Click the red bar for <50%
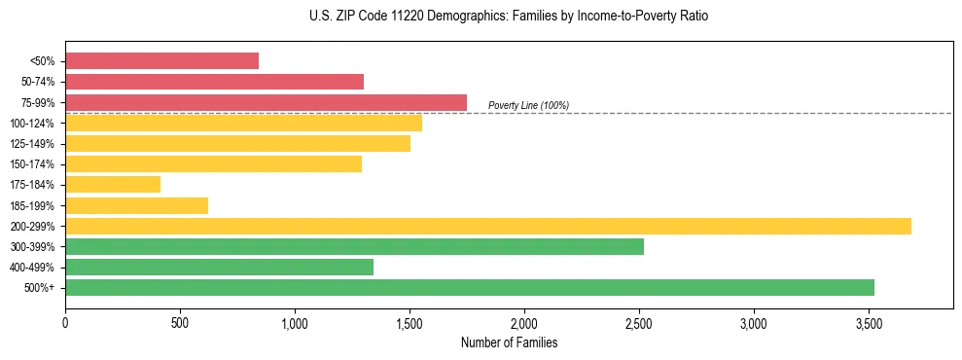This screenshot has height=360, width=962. pyautogui.click(x=161, y=61)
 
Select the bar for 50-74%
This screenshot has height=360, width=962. pyautogui.click(x=214, y=82)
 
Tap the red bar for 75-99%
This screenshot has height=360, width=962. pyautogui.click(x=266, y=102)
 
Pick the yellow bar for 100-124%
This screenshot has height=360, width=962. pyautogui.click(x=243, y=123)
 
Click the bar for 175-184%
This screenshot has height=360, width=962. pyautogui.click(x=113, y=184)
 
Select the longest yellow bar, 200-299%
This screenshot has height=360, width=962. pyautogui.click(x=487, y=226)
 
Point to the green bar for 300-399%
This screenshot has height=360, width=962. pyautogui.click(x=354, y=246)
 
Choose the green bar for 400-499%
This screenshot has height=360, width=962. pyautogui.click(x=219, y=267)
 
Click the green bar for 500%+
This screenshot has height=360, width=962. pyautogui.click(x=469, y=287)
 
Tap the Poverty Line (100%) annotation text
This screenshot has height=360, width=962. pyautogui.click(x=528, y=105)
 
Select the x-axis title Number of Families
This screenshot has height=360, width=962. pyautogui.click(x=509, y=342)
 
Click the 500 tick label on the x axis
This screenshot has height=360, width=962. pyautogui.click(x=180, y=322)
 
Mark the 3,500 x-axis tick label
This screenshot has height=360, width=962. pyautogui.click(x=869, y=322)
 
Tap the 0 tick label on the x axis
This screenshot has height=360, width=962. pyautogui.click(x=65, y=322)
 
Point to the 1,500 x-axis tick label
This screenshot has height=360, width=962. pyautogui.click(x=410, y=322)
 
